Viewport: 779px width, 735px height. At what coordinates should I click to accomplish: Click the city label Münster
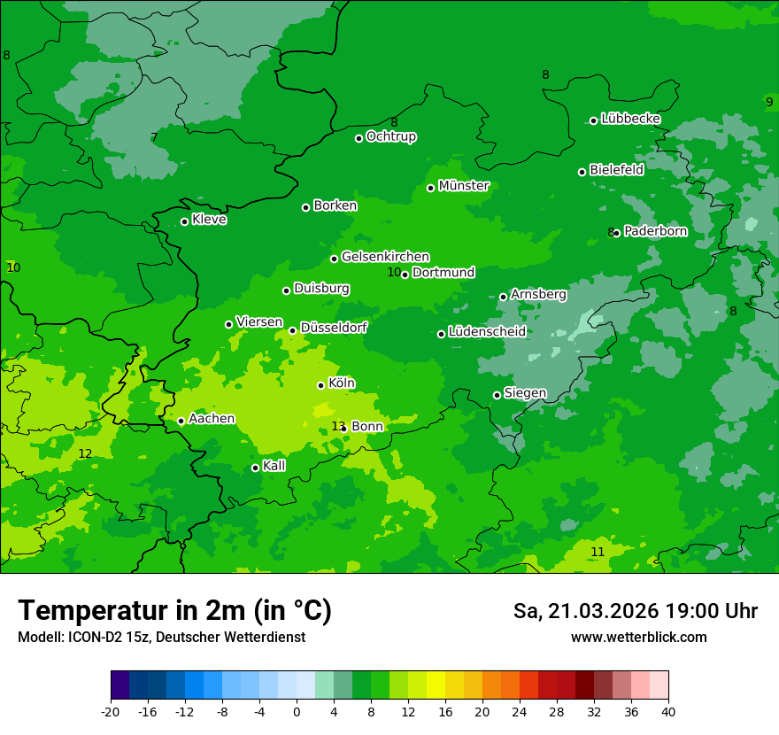[464, 186]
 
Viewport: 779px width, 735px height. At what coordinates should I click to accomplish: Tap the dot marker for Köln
[321, 385]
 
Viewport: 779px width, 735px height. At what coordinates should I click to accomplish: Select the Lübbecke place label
[630, 119]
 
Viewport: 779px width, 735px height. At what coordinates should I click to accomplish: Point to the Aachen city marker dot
[181, 421]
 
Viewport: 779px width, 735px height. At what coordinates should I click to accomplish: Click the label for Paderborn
[655, 231]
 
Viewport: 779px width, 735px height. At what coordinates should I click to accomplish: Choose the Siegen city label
[525, 393]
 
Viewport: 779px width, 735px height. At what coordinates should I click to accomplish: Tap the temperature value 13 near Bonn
[337, 427]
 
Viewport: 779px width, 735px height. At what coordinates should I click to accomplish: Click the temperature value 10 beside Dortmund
[394, 272]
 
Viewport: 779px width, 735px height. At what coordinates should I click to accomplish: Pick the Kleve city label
[209, 220]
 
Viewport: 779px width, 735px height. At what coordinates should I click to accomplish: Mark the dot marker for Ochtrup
[359, 138]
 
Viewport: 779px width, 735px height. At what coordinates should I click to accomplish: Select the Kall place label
[274, 466]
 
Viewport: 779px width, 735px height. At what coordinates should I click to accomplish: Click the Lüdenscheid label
[487, 332]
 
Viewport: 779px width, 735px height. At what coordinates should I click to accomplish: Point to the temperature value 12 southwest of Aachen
[85, 453]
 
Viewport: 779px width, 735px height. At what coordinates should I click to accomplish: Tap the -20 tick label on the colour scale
[111, 711]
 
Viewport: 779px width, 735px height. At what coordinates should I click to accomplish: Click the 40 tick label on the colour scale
[668, 711]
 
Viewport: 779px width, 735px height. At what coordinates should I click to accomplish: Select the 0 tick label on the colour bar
[297, 711]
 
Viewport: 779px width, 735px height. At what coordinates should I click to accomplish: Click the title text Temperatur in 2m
[174, 610]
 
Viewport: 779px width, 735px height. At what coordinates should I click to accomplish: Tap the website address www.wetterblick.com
[638, 638]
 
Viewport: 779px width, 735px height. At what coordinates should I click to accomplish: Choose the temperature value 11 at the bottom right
[598, 552]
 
